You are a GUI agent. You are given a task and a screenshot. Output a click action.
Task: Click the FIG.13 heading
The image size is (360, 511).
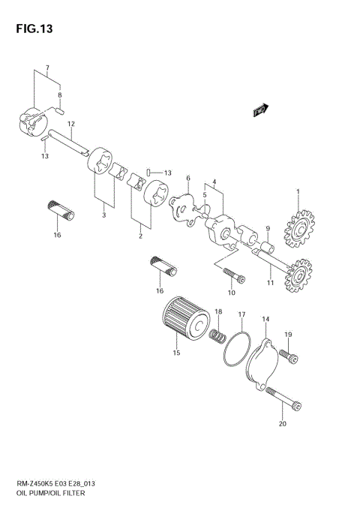pyautogui.click(x=31, y=29)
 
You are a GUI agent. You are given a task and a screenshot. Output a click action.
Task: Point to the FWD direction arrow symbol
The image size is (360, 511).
pyautogui.click(x=260, y=111)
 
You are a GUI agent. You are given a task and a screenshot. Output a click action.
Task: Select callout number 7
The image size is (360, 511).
pyautogui.click(x=47, y=68)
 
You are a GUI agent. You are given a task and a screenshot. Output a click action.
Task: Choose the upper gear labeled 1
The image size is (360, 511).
pyautogui.click(x=298, y=227)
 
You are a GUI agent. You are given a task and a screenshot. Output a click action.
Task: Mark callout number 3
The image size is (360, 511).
pyautogui.click(x=103, y=216)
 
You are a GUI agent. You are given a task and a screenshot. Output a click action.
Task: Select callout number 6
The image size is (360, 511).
pyautogui.click(x=188, y=178)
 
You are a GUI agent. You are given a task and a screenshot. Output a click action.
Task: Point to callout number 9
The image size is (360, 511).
pyautogui.click(x=266, y=227)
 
